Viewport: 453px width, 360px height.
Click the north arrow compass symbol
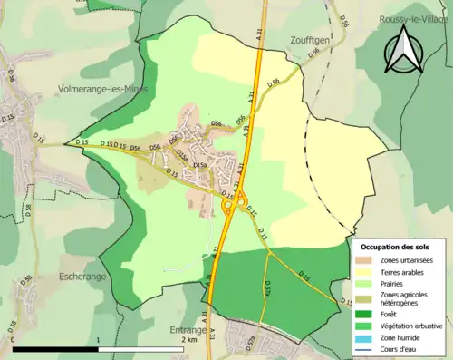405,50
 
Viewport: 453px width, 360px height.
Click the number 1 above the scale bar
97,339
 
